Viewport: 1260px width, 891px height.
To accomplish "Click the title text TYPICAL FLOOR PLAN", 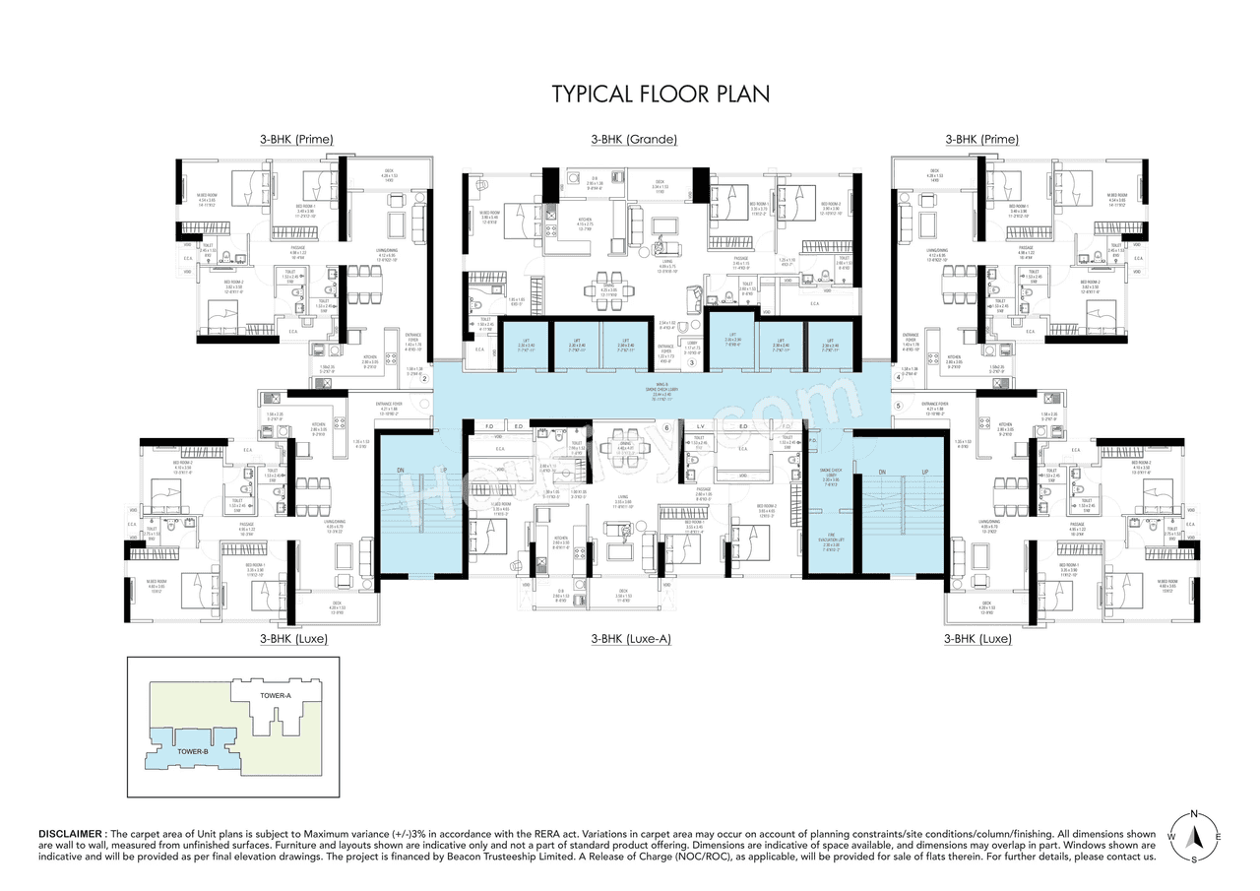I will (661, 94).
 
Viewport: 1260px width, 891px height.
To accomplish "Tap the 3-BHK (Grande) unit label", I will (634, 140).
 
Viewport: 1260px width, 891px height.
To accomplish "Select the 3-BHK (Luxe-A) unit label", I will (631, 639).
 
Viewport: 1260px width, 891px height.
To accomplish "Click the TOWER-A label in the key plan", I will (276, 696).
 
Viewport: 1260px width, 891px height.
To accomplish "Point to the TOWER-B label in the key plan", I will (193, 752).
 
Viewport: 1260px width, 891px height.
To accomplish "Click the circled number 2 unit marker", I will (424, 379).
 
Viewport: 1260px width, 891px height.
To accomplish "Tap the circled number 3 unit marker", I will (692, 363).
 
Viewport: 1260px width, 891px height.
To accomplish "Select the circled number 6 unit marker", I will (666, 427).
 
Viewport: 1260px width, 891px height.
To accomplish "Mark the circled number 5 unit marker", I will (897, 405).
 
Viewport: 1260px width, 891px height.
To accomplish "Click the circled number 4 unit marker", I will (897, 377).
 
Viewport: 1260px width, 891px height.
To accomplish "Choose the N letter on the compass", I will (1193, 814).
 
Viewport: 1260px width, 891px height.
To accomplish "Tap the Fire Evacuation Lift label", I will (829, 541).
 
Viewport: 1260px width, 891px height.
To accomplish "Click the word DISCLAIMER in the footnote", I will (73, 833).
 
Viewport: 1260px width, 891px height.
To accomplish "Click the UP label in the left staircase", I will (445, 471).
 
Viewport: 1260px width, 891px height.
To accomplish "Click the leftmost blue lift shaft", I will (523, 345).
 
